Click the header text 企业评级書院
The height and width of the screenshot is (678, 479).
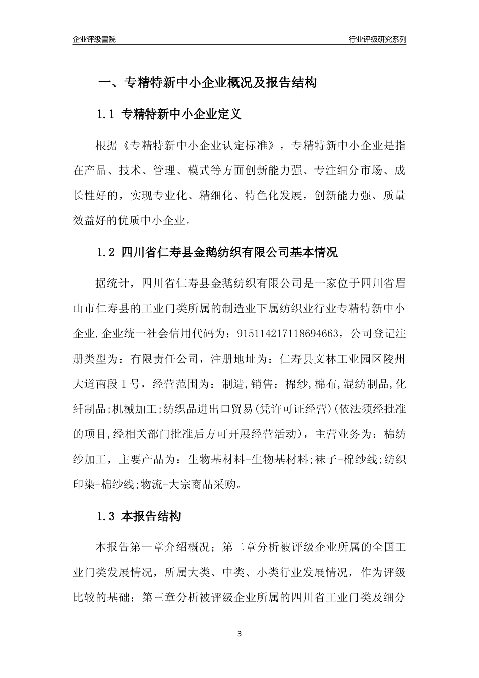click(x=94, y=39)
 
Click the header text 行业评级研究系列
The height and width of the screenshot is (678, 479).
click(x=377, y=39)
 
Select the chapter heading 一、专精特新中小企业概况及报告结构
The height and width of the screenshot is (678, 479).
click(x=207, y=82)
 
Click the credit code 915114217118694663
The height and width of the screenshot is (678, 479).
click(x=291, y=334)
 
